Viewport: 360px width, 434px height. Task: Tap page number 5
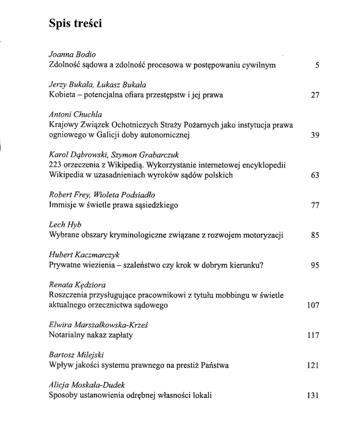coord(317,65)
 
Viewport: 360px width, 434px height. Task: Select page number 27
coord(315,95)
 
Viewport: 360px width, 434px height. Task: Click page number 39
coord(315,136)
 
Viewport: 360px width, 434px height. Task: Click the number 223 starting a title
coord(56,165)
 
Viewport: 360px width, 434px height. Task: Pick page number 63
coord(315,176)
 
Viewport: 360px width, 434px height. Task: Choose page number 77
coord(315,205)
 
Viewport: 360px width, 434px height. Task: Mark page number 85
coord(315,234)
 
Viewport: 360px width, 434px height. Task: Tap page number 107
coord(312,305)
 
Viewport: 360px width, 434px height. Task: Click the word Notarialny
coord(68,335)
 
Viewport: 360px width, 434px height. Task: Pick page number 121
coord(312,365)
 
